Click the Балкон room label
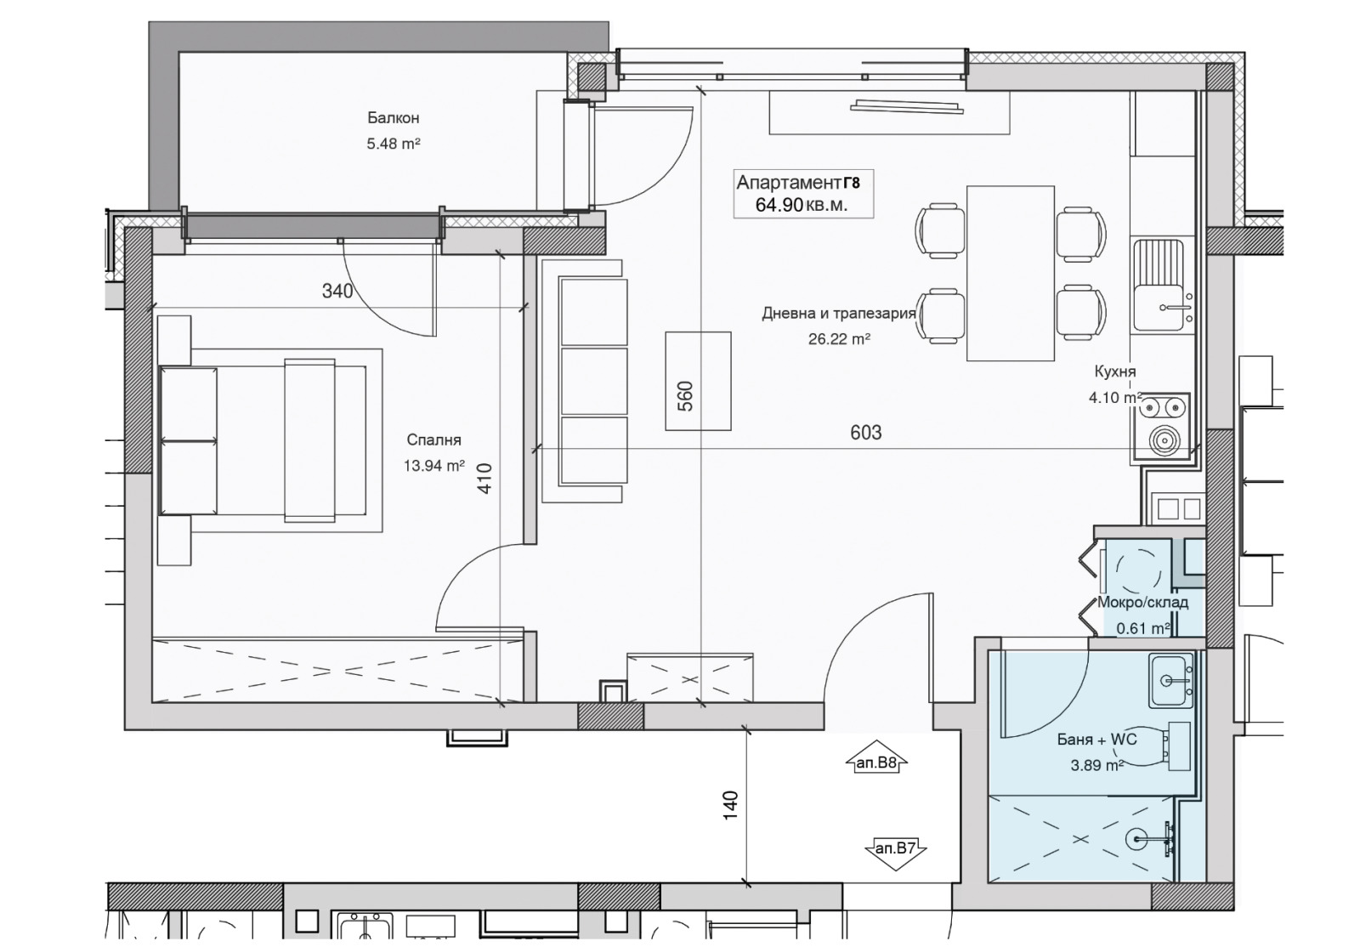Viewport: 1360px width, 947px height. pos(394,118)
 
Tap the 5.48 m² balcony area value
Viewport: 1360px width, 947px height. pos(394,144)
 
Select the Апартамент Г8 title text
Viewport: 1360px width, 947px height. pos(798,182)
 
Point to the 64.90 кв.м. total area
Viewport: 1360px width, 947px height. pos(802,205)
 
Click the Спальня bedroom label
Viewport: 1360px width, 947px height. pos(434,440)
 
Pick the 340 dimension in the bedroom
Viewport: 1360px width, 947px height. pos(337,292)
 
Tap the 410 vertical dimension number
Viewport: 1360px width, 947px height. pos(484,479)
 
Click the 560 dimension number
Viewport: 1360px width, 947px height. pos(685,396)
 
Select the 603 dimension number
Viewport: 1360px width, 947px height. pos(866,432)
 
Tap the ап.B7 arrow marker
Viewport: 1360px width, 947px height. pos(895,848)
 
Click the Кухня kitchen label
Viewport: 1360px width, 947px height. pos(1115,371)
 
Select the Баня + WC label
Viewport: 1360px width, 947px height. pos(1096,740)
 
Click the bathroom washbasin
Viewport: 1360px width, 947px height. pos(1170,681)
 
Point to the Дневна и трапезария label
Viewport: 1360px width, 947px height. pos(838,314)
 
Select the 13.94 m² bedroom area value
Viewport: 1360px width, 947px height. pos(434,466)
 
